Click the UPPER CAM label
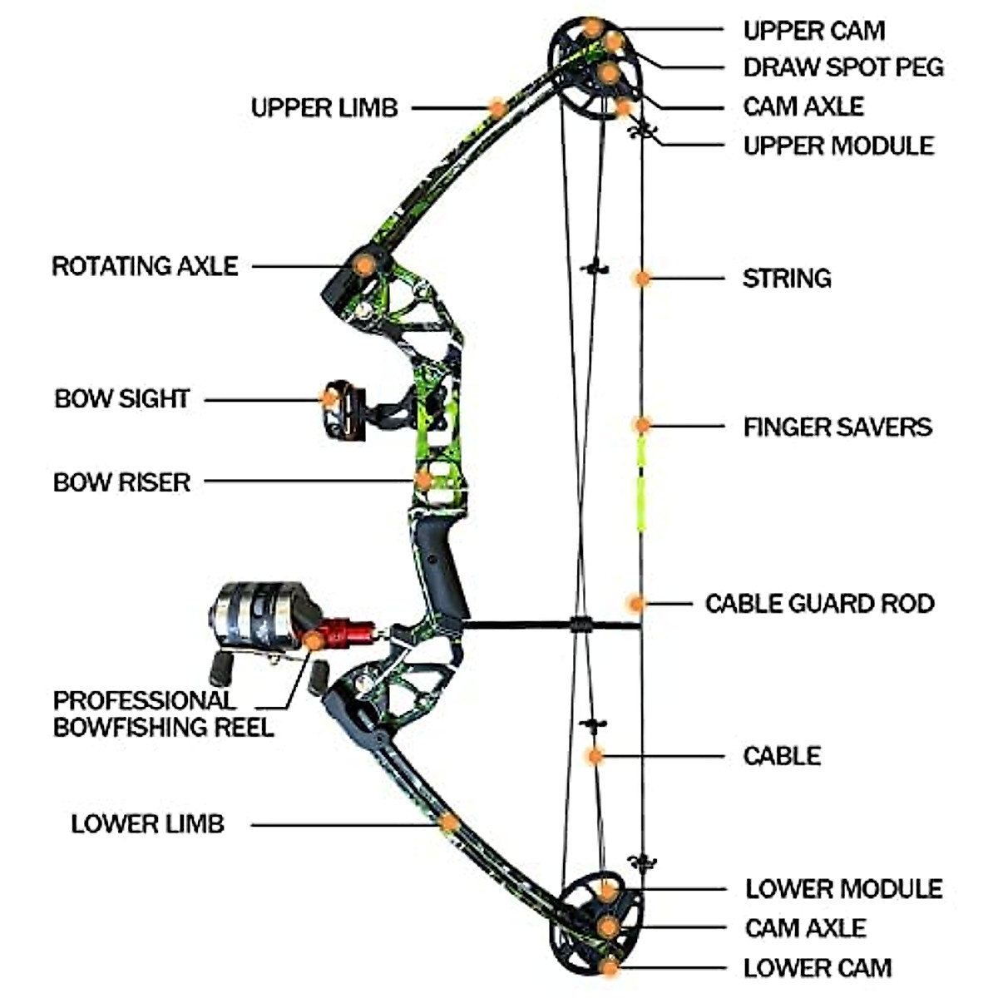pyautogui.click(x=813, y=31)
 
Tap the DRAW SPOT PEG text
pyautogui.click(x=843, y=67)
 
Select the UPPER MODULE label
pyautogui.click(x=838, y=146)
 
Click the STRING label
pyautogui.click(x=787, y=278)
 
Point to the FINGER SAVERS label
pyautogui.click(x=837, y=427)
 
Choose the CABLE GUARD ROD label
pyautogui.click(x=819, y=604)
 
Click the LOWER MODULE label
pyautogui.click(x=843, y=888)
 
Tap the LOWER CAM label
pyautogui.click(x=817, y=968)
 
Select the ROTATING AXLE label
pyautogui.click(x=145, y=266)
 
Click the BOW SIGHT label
pyautogui.click(x=122, y=399)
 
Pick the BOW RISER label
pyautogui.click(x=121, y=482)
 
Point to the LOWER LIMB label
pyautogui.click(x=147, y=824)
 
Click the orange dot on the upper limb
pyautogui.click(x=497, y=107)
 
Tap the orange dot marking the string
pyautogui.click(x=641, y=279)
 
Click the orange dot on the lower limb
pyautogui.click(x=449, y=823)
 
